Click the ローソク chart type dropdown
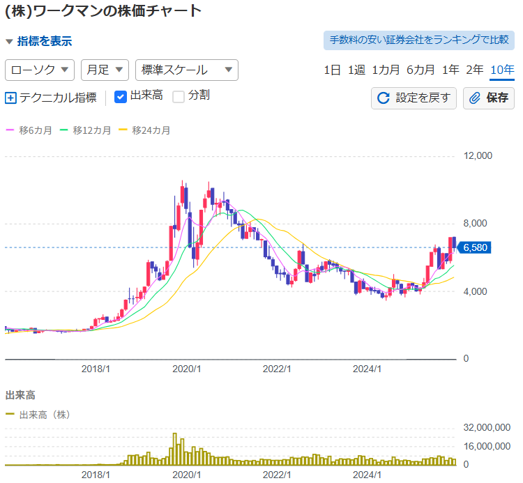click(40, 70)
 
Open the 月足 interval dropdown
click(105, 70)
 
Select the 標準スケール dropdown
click(187, 70)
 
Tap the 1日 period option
click(333, 70)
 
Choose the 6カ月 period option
click(420, 70)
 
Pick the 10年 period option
click(502, 70)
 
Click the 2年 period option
click(474, 70)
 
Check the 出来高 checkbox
click(121, 96)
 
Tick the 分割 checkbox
click(179, 96)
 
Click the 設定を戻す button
click(414, 98)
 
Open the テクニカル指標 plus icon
click(10, 98)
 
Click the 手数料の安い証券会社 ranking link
click(418, 40)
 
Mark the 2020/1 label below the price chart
click(186, 369)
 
